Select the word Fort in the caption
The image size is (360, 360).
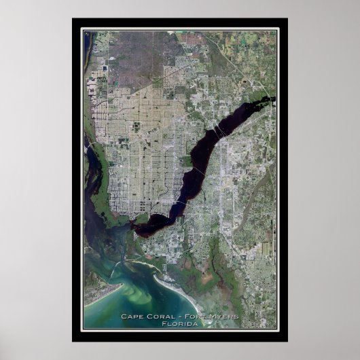[x=192, y=316]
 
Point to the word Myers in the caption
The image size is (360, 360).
[x=223, y=316]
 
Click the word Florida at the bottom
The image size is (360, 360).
[x=179, y=323]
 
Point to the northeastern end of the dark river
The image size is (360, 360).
[x=272, y=100]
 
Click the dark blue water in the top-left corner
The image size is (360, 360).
[x=86, y=41]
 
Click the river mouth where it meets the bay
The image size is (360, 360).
[x=139, y=231]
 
